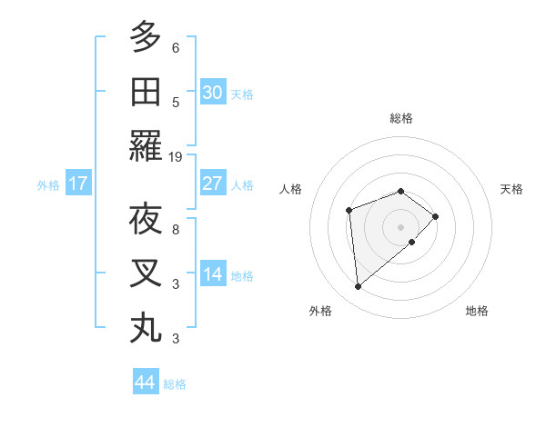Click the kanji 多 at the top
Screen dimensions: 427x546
pos(146,37)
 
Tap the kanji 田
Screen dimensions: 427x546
pos(146,91)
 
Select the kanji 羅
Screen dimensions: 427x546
pos(146,146)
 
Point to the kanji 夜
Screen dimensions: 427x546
pos(146,219)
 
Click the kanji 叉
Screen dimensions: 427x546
pos(146,273)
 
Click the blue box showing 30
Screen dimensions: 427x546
pos(213,93)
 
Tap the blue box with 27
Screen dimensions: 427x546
pos(213,184)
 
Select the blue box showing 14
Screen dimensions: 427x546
pos(213,274)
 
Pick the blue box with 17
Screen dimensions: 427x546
pos(77,184)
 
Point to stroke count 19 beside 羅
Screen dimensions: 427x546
pos(176,156)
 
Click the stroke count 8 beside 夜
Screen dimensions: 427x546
pos(176,229)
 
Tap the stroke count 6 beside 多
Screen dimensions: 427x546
pos(176,47)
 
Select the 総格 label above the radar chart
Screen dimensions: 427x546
pos(400,118)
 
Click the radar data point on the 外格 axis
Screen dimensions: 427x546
pos(359,287)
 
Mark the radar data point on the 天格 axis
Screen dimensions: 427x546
pos(436,216)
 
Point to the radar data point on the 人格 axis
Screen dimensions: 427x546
pos(349,211)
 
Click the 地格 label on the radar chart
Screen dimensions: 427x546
pos(477,311)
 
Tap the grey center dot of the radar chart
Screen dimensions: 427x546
pos(400,226)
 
